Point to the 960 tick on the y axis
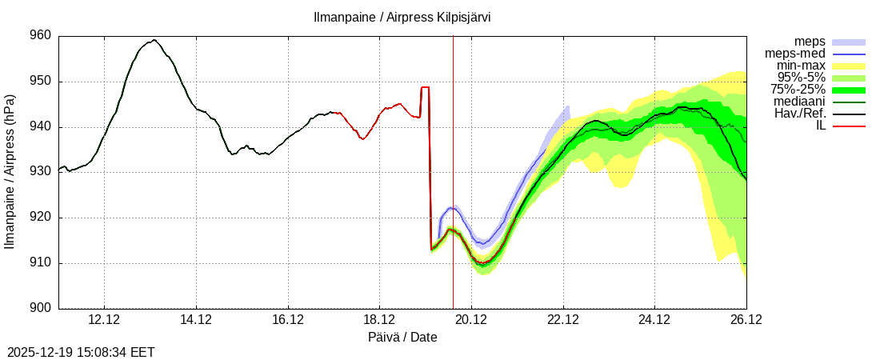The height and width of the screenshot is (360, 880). (41, 36)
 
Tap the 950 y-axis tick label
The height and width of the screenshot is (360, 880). (41, 82)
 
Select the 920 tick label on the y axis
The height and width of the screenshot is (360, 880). (41, 218)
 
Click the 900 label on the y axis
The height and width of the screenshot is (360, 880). (41, 309)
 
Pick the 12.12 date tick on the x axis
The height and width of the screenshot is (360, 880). (104, 320)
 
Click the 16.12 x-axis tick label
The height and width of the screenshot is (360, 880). (288, 320)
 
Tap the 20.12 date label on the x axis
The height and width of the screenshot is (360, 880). (471, 320)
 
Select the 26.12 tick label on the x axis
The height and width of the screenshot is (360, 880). (746, 320)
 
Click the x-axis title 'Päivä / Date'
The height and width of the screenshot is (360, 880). (402, 338)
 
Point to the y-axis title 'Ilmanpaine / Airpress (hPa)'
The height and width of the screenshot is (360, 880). (10, 172)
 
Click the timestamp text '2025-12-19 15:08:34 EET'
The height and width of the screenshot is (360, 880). (81, 352)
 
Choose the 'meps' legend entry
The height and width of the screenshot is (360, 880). (810, 42)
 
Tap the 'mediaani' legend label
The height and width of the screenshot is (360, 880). (799, 102)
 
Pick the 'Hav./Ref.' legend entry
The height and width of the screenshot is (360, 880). (800, 114)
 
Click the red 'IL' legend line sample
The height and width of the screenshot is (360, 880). (849, 126)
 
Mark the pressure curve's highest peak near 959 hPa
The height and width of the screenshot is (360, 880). (154, 40)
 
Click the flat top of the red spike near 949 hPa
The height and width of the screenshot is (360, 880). (425, 87)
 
